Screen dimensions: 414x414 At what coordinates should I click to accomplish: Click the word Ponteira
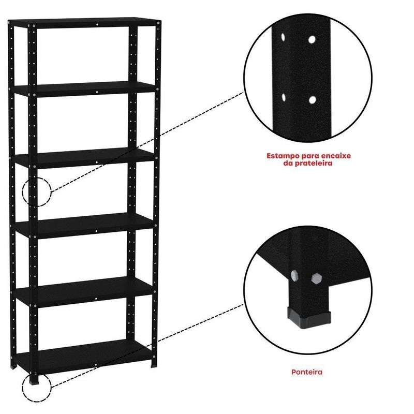(307, 372)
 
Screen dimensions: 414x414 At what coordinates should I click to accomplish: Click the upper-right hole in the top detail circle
(312, 40)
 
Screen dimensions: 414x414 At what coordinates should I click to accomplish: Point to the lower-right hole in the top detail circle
(313, 100)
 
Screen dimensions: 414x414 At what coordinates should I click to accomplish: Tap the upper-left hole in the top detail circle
(283, 37)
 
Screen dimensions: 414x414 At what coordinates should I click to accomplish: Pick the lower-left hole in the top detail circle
(284, 97)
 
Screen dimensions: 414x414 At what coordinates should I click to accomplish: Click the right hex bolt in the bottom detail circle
(316, 278)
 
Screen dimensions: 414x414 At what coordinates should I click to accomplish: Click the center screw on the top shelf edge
(97, 24)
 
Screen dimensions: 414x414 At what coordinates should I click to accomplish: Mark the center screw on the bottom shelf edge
(96, 365)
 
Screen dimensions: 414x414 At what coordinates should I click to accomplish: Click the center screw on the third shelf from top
(97, 162)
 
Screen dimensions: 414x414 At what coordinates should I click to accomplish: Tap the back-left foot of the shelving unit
(13, 366)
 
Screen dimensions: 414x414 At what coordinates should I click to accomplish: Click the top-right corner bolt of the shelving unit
(158, 23)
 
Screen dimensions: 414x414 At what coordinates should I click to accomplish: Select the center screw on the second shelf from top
(97, 92)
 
